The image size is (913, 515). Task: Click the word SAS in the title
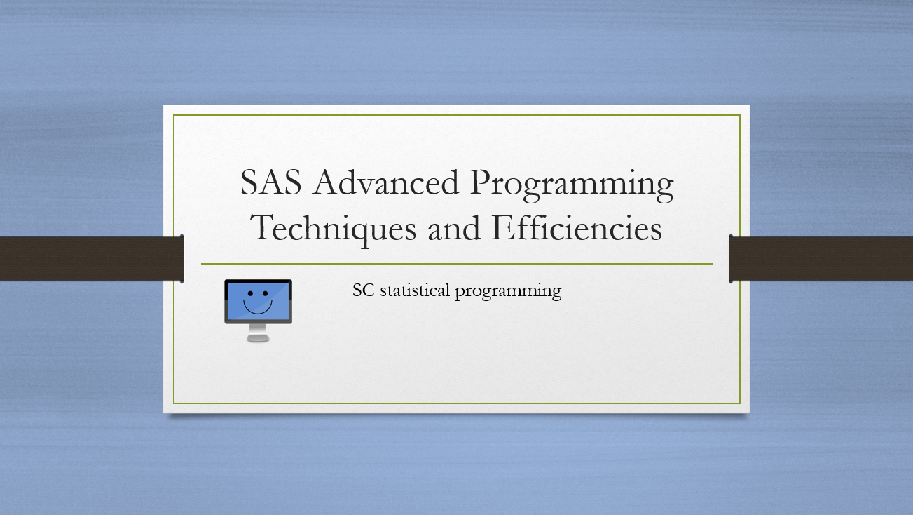[271, 182]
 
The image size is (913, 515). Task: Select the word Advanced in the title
[386, 182]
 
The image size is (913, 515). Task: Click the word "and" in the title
[453, 228]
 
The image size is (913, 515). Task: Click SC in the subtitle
[363, 290]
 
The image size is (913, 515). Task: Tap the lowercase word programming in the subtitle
[508, 292]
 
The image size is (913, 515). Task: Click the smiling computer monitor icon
[258, 311]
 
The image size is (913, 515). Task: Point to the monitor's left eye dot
[250, 293]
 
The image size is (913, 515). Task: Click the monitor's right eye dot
[266, 293]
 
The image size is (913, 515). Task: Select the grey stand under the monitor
[258, 333]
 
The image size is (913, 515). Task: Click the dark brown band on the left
[92, 258]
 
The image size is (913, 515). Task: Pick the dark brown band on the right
[821, 258]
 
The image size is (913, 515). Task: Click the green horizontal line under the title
[457, 264]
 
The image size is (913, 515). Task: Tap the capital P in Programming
[482, 182]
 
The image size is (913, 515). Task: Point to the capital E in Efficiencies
[503, 227]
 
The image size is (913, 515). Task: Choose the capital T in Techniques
[263, 227]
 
